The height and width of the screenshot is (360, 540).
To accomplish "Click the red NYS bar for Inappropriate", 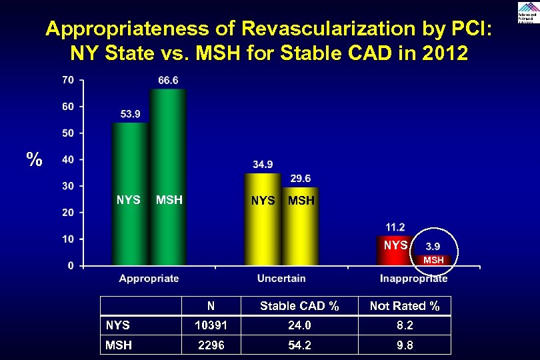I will [395, 251].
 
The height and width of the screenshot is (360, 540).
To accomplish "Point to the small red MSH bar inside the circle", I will [433, 260].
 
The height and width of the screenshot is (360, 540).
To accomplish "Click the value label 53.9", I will [131, 114].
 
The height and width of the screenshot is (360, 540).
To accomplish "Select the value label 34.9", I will [263, 165].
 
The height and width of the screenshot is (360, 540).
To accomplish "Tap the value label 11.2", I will [395, 227].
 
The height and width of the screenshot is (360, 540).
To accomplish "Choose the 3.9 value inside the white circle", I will [433, 247].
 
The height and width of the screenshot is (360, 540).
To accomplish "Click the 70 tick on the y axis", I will [68, 80].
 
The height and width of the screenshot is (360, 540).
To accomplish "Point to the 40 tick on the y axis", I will [68, 159].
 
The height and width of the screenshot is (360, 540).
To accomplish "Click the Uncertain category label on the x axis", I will [281, 279].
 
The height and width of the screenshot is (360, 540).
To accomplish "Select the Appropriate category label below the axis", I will [149, 279].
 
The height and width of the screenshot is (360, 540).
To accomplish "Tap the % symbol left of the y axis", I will [35, 160].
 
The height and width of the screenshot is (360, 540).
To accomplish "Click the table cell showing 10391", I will [211, 325].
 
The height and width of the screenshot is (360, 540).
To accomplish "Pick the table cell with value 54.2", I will [299, 345].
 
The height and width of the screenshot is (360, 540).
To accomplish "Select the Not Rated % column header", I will [405, 306].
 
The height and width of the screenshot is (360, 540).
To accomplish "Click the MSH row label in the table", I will [119, 345].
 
